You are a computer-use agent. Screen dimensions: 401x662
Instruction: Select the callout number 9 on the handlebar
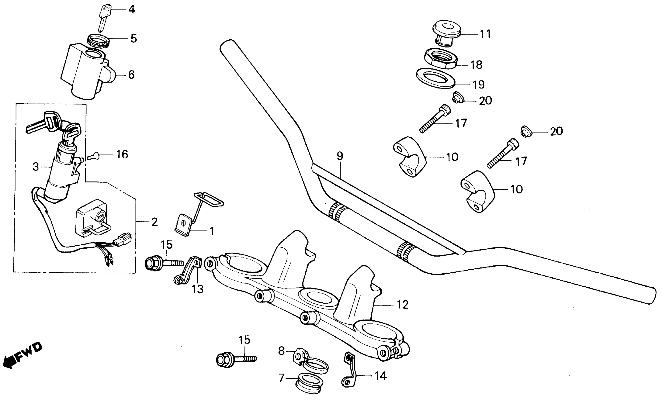click(x=340, y=156)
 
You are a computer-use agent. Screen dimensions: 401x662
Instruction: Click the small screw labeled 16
click(x=93, y=155)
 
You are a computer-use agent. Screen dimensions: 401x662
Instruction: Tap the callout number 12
click(x=403, y=305)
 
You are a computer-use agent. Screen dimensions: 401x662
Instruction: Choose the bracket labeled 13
click(x=189, y=270)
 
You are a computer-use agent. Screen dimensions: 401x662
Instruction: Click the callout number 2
click(x=154, y=222)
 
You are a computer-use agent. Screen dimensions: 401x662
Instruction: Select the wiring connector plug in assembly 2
click(x=124, y=238)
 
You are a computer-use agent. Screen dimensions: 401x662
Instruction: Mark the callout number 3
click(x=36, y=167)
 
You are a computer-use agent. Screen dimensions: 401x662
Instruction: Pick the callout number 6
click(x=131, y=75)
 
